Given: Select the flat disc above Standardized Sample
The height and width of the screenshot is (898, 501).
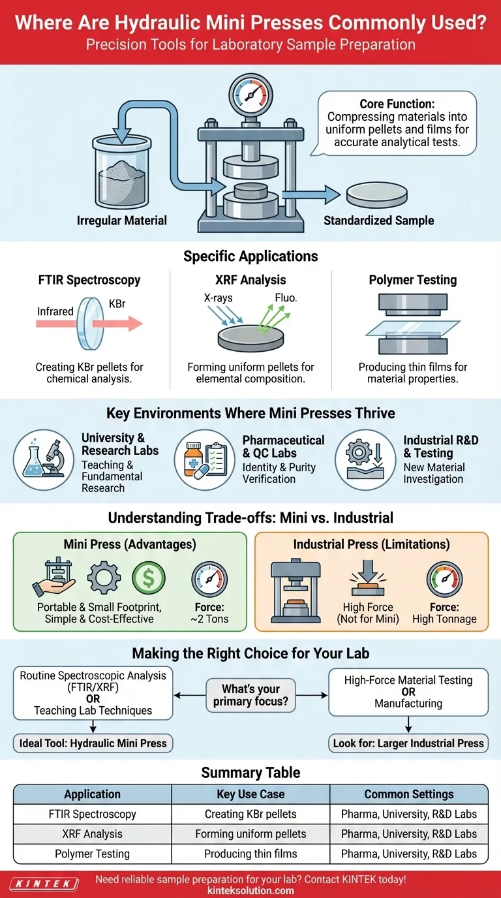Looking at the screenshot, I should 378,194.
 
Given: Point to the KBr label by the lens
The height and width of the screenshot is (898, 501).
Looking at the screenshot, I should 117,305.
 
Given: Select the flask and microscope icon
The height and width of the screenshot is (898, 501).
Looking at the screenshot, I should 44,459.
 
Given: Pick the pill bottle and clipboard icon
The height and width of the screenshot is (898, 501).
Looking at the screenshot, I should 205,459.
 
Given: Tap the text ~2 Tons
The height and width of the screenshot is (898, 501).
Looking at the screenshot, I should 209,619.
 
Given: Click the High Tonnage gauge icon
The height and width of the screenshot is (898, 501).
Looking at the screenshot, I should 444,580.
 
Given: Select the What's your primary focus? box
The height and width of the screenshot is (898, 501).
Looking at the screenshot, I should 250,695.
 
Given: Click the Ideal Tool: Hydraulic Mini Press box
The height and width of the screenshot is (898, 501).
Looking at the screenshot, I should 92,743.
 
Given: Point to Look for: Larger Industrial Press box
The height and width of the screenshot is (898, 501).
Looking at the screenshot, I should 407,743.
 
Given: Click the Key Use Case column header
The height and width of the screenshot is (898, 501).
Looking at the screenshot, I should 250,794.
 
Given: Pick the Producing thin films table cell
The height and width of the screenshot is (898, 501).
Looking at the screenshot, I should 250,854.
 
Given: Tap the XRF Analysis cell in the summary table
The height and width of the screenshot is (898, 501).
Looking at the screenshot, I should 92,834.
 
